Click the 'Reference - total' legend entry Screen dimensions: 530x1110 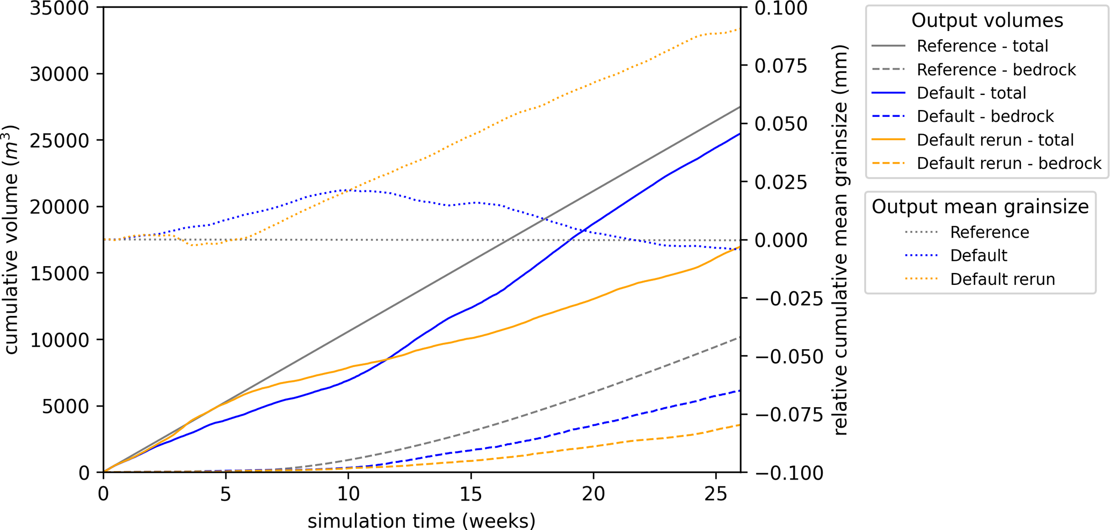click(982, 46)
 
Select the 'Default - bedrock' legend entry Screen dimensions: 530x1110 click(985, 116)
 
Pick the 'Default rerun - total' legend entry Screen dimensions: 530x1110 click(995, 140)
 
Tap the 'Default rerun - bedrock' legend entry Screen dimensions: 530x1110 click(1009, 163)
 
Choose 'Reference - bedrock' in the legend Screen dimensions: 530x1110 click(996, 70)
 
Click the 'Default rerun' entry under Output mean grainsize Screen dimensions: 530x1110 click(1002, 279)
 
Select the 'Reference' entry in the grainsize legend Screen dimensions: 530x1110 click(989, 232)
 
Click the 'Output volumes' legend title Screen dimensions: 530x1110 click(987, 20)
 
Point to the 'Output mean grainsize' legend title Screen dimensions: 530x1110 click(980, 207)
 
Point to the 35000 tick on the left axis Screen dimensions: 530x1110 click(59, 8)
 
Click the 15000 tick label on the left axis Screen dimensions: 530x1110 click(59, 274)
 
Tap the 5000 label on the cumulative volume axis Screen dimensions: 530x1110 click(66, 406)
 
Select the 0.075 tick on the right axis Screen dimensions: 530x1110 click(781, 66)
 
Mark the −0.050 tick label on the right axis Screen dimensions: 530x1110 click(789, 357)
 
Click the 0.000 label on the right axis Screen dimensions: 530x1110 click(781, 240)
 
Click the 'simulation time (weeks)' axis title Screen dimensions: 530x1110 click(422, 520)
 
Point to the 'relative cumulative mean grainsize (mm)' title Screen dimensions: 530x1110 click(839, 240)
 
